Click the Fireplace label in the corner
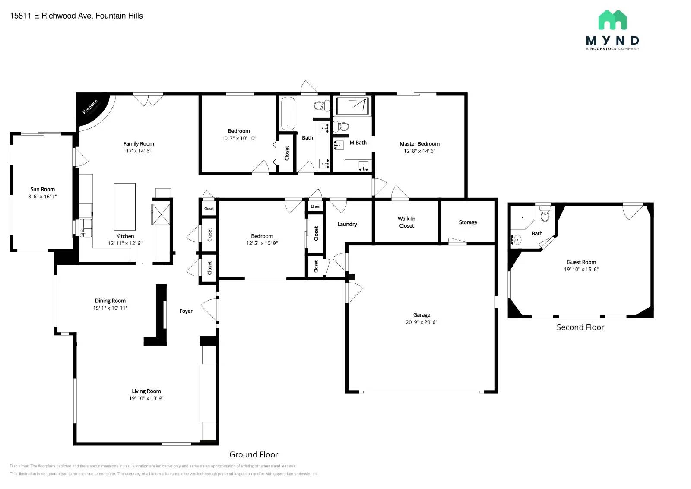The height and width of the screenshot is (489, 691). (90, 107)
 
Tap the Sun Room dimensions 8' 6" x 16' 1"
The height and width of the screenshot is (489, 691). (42, 197)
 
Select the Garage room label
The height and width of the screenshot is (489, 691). (422, 315)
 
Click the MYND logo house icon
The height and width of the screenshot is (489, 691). (612, 20)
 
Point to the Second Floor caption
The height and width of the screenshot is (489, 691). (580, 327)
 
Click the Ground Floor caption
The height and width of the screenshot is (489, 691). (254, 454)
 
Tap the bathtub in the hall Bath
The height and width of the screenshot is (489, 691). (288, 113)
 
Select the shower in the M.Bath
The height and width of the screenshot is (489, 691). (352, 106)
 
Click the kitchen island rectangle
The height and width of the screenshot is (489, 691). (124, 206)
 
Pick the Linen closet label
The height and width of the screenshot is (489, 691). (315, 206)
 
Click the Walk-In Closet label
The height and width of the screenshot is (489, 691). (406, 222)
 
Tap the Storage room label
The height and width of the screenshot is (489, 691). (468, 222)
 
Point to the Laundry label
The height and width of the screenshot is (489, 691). (347, 224)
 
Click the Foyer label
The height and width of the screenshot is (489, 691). (186, 311)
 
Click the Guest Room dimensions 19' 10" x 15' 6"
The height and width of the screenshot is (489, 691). (581, 270)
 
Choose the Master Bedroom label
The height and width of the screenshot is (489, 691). (419, 144)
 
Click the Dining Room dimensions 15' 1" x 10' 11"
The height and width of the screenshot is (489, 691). (110, 308)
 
